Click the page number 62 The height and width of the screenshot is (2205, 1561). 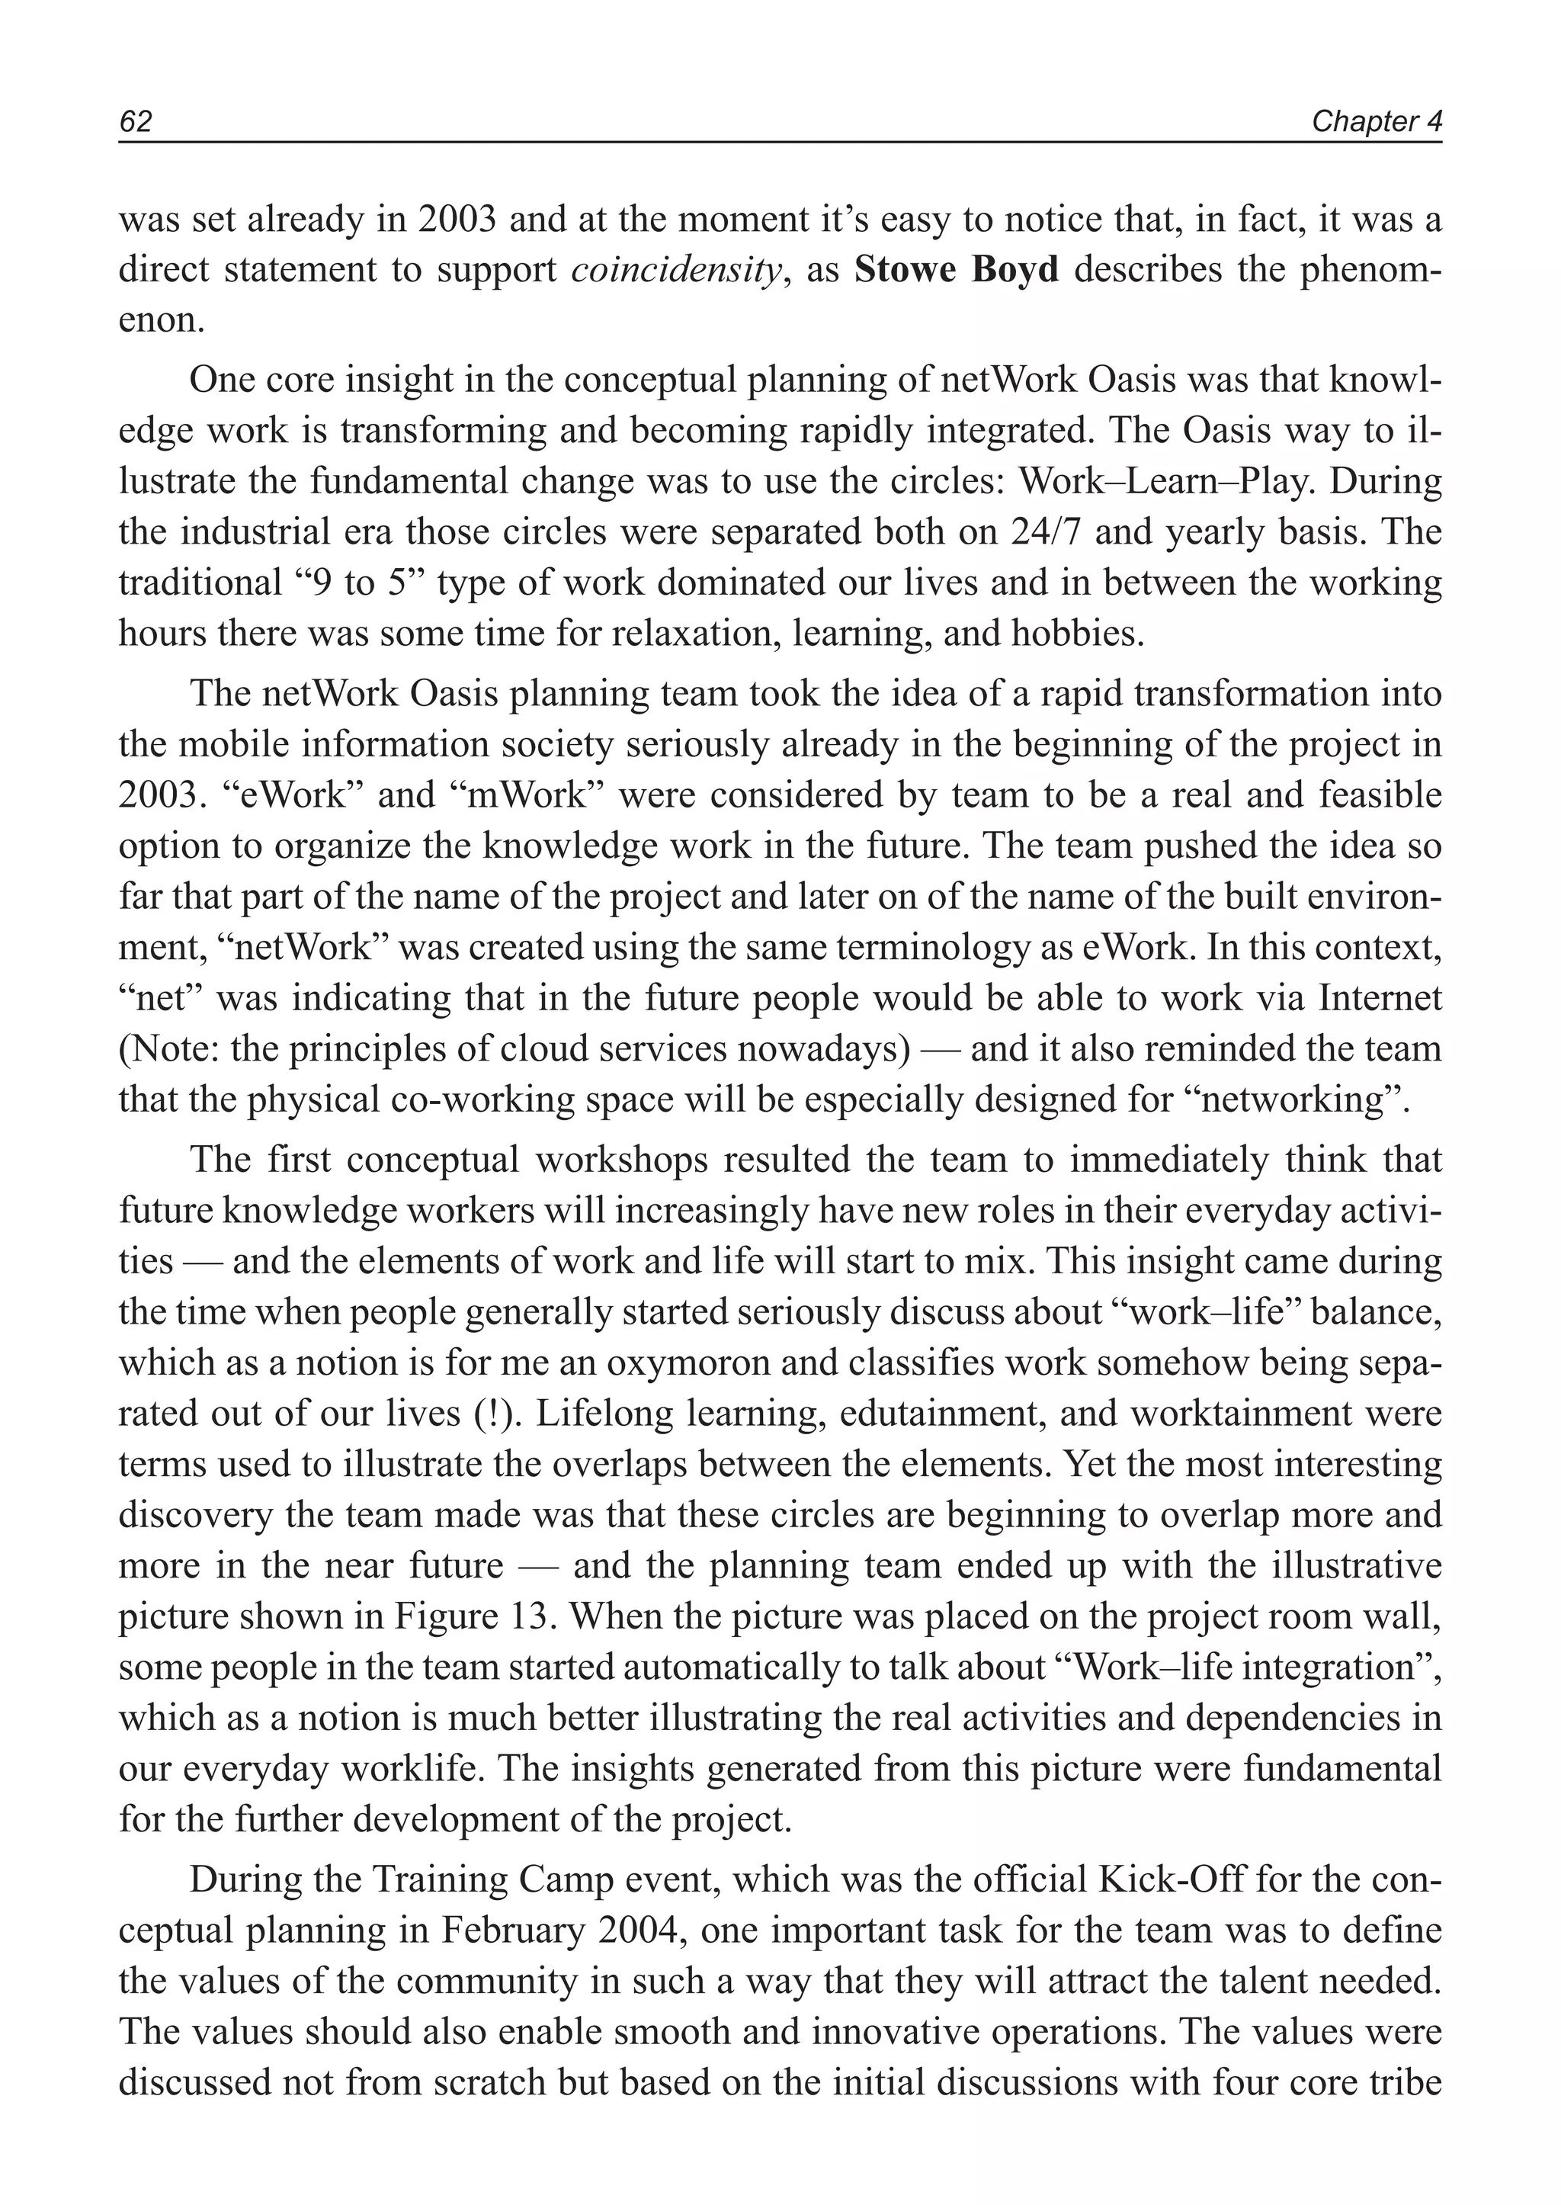click(136, 122)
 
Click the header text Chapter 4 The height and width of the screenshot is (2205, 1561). click(1377, 122)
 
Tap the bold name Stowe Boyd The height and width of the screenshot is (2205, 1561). click(957, 270)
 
